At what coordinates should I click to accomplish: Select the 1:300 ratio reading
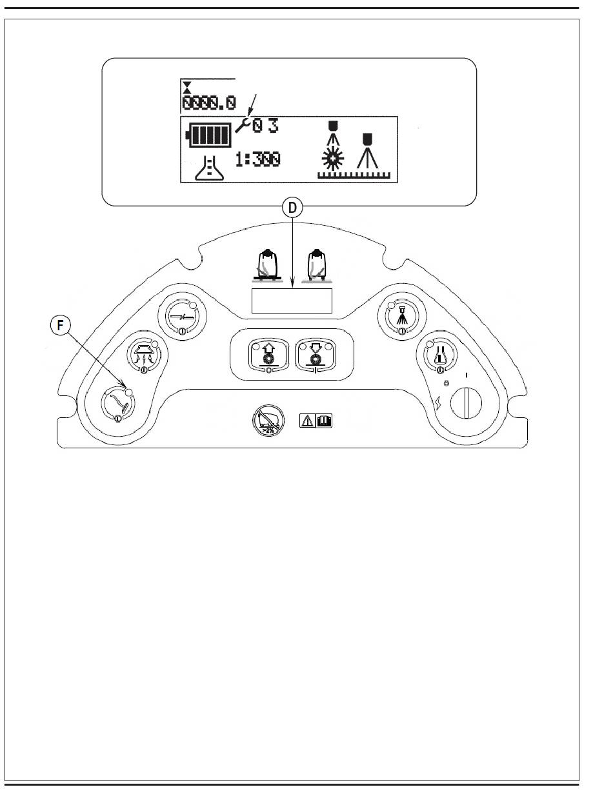point(258,159)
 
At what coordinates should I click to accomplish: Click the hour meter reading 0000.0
point(209,103)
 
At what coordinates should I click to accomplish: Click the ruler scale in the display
point(354,174)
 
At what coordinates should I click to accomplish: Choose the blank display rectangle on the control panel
point(291,301)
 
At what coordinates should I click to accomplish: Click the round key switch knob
point(465,405)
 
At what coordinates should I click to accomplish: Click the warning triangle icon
point(307,422)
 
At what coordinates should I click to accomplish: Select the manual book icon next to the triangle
point(325,422)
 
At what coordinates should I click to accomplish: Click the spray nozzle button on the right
point(401,315)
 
